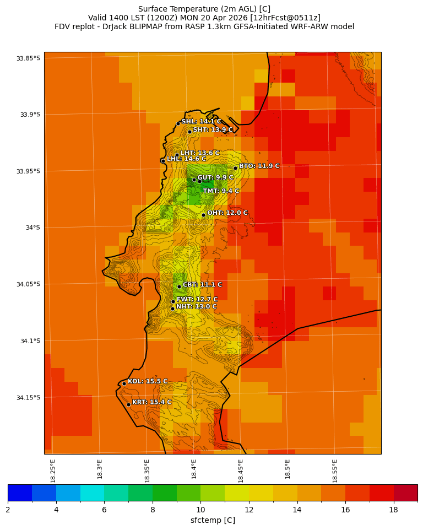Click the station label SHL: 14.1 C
(201, 122)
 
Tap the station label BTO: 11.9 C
(259, 166)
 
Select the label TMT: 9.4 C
(221, 191)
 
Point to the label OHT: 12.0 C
(227, 213)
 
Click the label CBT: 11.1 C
(202, 285)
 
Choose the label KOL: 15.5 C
(147, 381)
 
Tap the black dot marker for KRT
(128, 404)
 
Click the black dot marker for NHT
(172, 309)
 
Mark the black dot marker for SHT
(189, 132)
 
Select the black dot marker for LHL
(163, 161)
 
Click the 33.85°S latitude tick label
(28, 58)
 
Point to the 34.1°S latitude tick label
(30, 341)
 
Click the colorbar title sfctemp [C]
(213, 521)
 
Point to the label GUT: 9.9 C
(215, 177)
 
